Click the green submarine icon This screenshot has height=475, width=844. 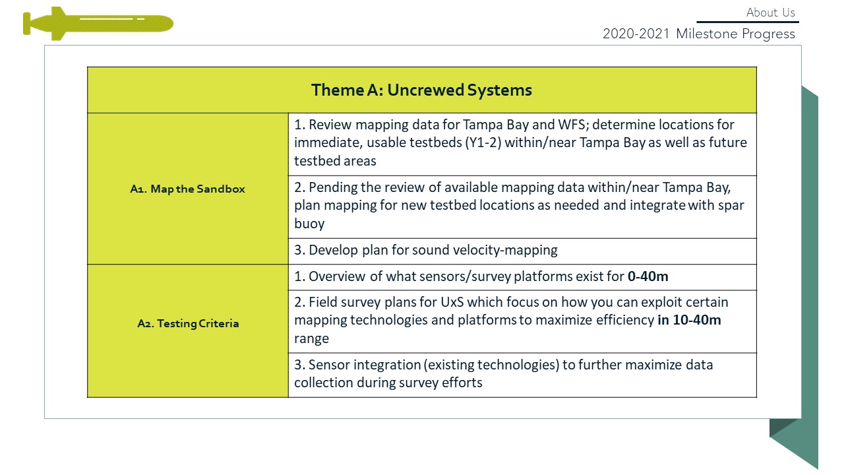(x=98, y=23)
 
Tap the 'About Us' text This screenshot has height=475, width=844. (x=771, y=13)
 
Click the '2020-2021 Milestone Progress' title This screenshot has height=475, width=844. (x=698, y=34)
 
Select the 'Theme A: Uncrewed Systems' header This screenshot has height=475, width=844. (x=421, y=90)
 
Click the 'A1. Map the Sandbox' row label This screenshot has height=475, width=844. (x=188, y=189)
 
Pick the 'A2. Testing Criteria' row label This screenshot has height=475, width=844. (x=188, y=323)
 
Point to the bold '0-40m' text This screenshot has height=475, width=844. (x=648, y=276)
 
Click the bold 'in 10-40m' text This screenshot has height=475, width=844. (x=689, y=320)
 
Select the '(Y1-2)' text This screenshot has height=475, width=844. (x=483, y=143)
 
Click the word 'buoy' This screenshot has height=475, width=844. (x=309, y=224)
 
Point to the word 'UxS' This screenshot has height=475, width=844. (x=452, y=302)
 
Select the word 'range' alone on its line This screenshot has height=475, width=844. (x=312, y=339)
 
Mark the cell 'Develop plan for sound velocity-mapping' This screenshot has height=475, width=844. (x=522, y=251)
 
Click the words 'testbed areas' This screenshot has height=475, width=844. (x=335, y=161)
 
